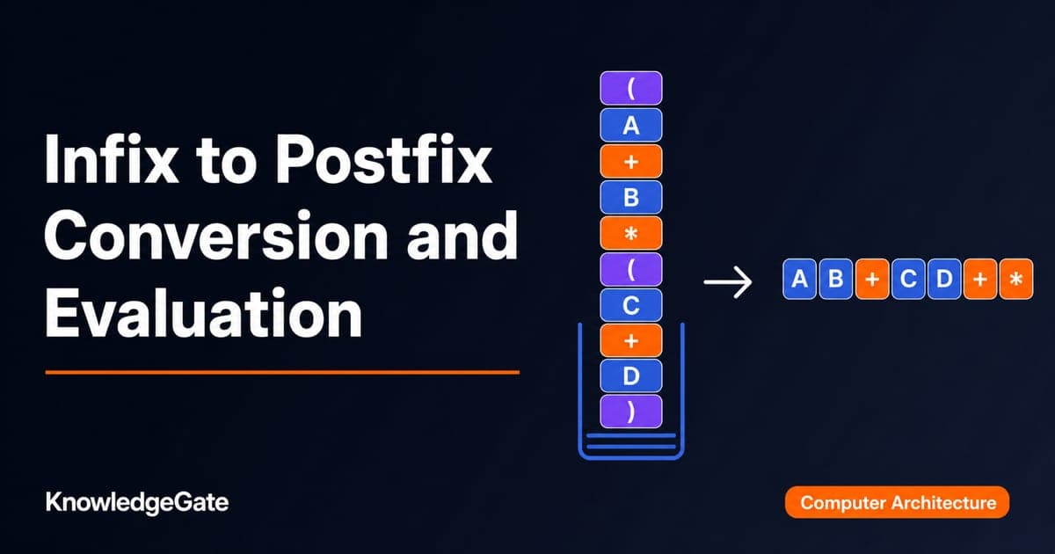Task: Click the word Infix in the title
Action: (111, 158)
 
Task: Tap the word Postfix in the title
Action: (384, 158)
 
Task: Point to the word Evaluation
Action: (203, 313)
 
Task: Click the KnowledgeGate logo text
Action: (137, 503)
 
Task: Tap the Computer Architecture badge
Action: (898, 502)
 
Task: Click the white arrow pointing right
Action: (728, 282)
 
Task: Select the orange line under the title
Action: (282, 372)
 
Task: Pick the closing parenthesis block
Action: (631, 412)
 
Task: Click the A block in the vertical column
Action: (631, 125)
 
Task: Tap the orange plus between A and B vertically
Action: (631, 162)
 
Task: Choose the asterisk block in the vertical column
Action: (631, 233)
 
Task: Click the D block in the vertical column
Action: (631, 376)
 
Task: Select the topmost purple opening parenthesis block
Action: (631, 88)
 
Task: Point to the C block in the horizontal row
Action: (908, 279)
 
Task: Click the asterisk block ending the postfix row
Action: (1016, 279)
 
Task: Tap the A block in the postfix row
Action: (800, 279)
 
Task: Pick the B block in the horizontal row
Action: (836, 279)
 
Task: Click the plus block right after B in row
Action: (872, 279)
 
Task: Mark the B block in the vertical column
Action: (631, 197)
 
